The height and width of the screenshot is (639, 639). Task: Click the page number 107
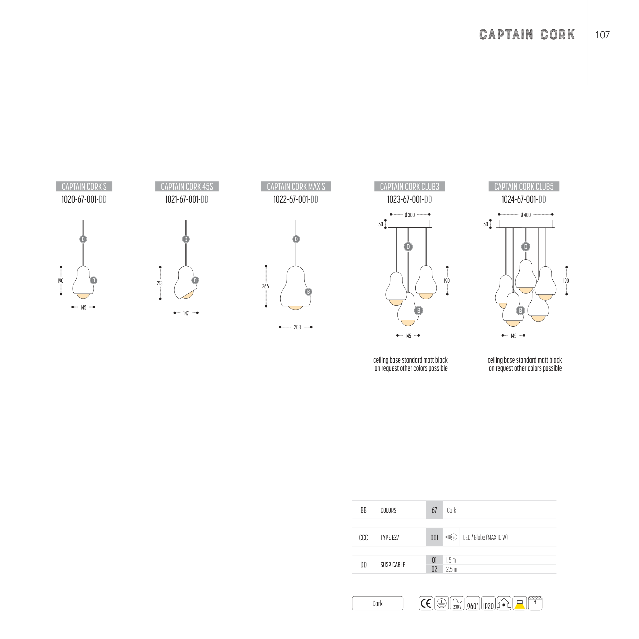(602, 35)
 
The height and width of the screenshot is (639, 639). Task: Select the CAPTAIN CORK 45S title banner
(187, 187)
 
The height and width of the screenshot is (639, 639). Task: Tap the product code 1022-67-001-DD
(296, 199)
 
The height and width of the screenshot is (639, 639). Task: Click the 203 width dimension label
(297, 327)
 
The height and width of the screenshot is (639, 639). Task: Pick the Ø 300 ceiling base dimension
(410, 215)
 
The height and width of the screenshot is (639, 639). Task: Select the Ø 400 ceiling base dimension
(526, 215)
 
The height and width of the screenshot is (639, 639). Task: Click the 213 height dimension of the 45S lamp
(160, 283)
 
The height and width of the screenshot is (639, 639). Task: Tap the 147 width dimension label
(186, 313)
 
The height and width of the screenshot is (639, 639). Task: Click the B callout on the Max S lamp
(308, 292)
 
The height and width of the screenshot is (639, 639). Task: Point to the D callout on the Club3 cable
(408, 246)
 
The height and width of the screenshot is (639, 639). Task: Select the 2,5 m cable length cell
(451, 569)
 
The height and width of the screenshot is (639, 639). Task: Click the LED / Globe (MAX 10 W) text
(485, 538)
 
